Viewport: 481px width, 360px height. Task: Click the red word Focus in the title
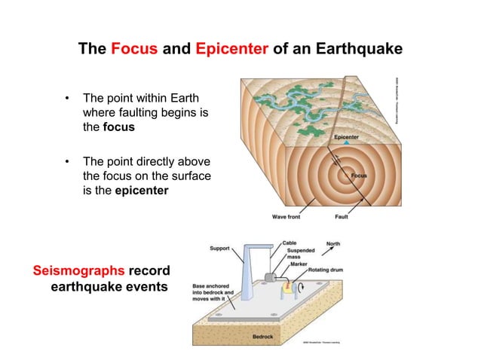[x=133, y=50]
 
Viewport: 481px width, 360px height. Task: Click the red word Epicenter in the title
[x=231, y=50]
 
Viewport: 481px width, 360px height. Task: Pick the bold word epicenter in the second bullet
[x=142, y=191]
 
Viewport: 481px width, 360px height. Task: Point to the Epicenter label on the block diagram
[x=346, y=137]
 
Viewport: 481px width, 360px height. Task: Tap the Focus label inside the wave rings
[x=359, y=175]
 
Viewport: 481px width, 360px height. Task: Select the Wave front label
[x=286, y=217]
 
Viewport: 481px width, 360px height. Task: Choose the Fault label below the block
[x=342, y=217]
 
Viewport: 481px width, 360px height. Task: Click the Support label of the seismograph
[x=219, y=247]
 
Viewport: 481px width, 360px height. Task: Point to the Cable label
[x=290, y=243]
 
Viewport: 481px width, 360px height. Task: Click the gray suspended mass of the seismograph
[x=272, y=278]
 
